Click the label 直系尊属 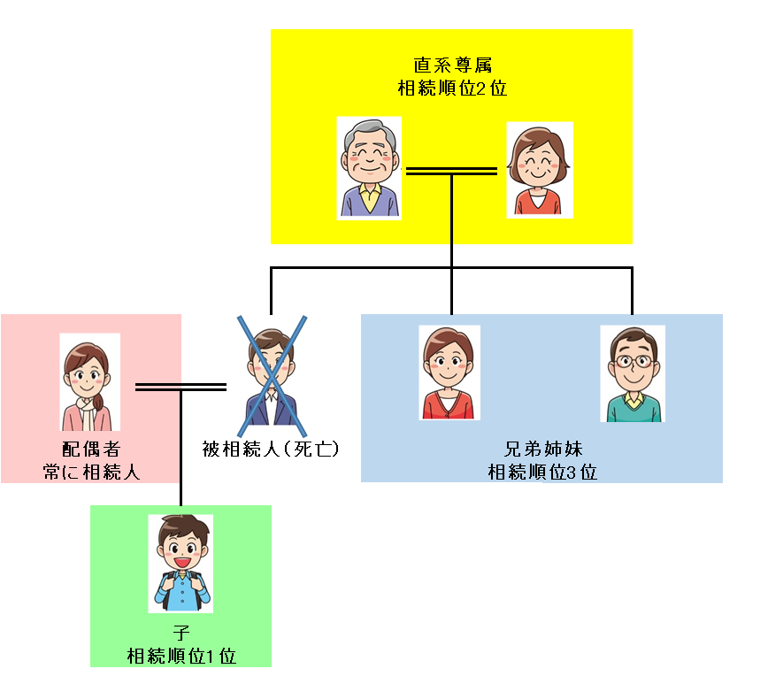coord(451,66)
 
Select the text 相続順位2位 coord(451,88)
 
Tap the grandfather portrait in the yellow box coord(369,168)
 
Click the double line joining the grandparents coord(451,171)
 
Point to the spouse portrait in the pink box coord(88,382)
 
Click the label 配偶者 coord(91,449)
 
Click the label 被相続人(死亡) coord(272,449)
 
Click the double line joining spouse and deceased coord(180,387)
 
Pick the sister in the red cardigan coord(449,372)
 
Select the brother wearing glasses coord(633,373)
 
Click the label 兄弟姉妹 coord(541,449)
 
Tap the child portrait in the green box coord(180,564)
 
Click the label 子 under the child coord(180,634)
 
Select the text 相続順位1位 coord(180,656)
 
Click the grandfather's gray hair coord(369,133)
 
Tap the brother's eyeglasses coord(633,361)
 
